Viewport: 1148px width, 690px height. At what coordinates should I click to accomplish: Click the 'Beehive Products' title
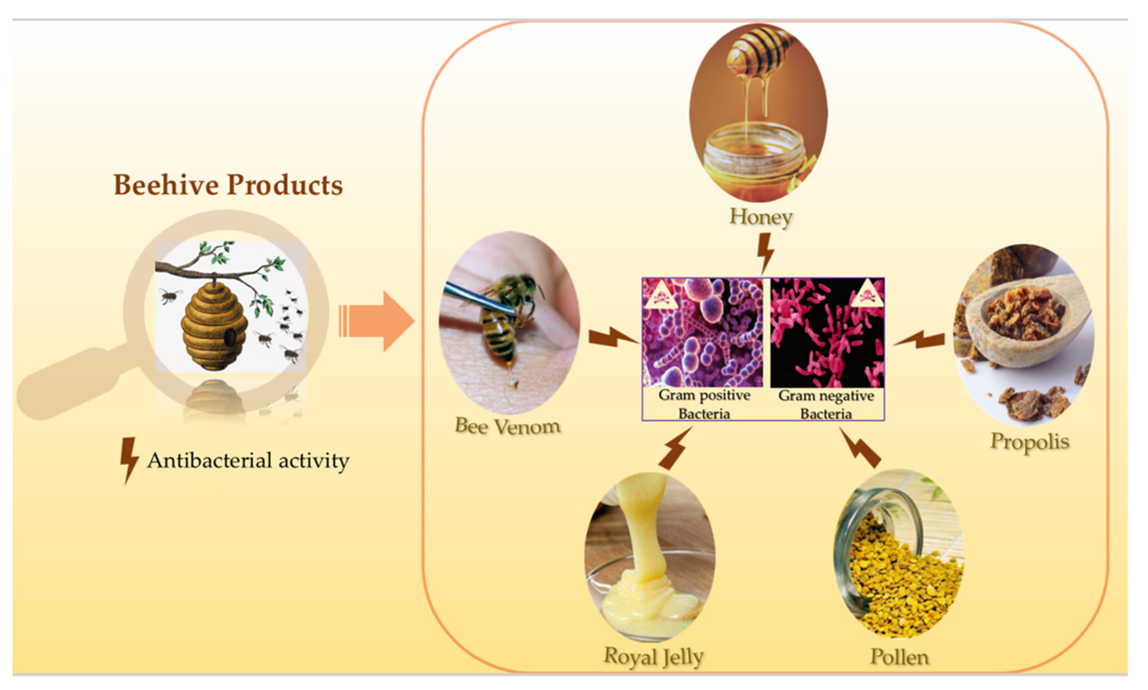[x=228, y=185]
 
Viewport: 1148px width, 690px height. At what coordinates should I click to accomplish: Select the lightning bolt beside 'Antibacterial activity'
[x=128, y=460]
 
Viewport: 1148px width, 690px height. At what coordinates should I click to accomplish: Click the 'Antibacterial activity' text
[x=248, y=461]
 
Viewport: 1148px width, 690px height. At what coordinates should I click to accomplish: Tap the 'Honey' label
[x=760, y=217]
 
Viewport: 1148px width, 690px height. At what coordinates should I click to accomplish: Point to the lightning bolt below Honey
[x=765, y=253]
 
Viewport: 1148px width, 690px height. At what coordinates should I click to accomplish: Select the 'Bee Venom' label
[x=508, y=426]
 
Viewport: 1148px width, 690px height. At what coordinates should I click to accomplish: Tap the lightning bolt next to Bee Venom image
[x=613, y=337]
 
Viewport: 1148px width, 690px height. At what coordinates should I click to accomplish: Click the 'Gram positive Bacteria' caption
[x=704, y=404]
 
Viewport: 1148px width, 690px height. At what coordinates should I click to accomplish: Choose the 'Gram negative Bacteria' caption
[x=826, y=404]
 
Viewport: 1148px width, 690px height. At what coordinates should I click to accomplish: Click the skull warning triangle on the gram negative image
[x=868, y=295]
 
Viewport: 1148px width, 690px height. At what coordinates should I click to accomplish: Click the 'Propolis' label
[x=1030, y=441]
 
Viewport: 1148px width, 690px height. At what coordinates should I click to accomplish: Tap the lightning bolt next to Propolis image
[x=920, y=340]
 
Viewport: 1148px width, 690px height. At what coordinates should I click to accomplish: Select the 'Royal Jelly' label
[x=653, y=657]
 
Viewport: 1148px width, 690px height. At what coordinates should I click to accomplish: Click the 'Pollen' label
[x=899, y=657]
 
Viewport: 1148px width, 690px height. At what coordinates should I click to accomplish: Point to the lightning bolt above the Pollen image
[x=860, y=449]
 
